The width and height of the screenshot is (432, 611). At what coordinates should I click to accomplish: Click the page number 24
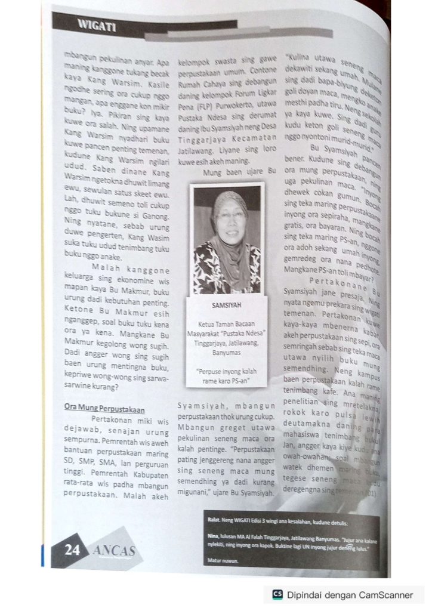point(72,551)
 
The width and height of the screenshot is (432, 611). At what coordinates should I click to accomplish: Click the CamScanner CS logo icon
point(277,594)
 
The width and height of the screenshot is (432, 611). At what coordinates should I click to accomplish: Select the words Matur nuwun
point(218,561)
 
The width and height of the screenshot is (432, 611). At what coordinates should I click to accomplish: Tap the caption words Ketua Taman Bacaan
point(226,325)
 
